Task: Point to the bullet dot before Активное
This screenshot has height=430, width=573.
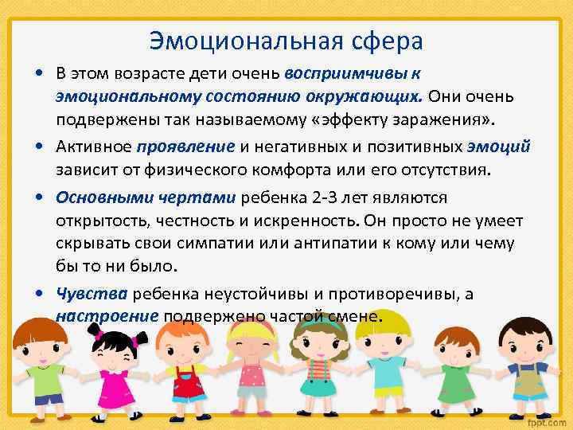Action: [x=40, y=147]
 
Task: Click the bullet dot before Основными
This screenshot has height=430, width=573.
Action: [x=40, y=196]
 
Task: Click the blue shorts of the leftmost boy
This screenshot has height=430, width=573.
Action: [x=48, y=397]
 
